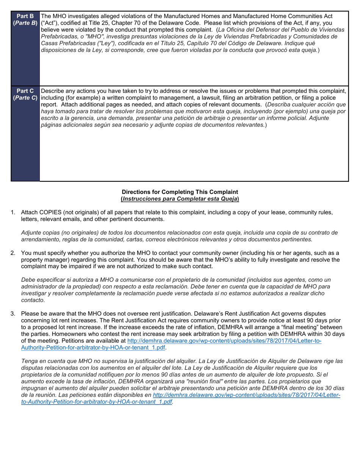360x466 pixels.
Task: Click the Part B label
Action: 25,16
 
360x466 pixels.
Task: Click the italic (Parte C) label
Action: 25,97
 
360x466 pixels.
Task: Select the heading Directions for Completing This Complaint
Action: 180,192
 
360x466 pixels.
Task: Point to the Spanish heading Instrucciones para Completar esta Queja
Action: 180,199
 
